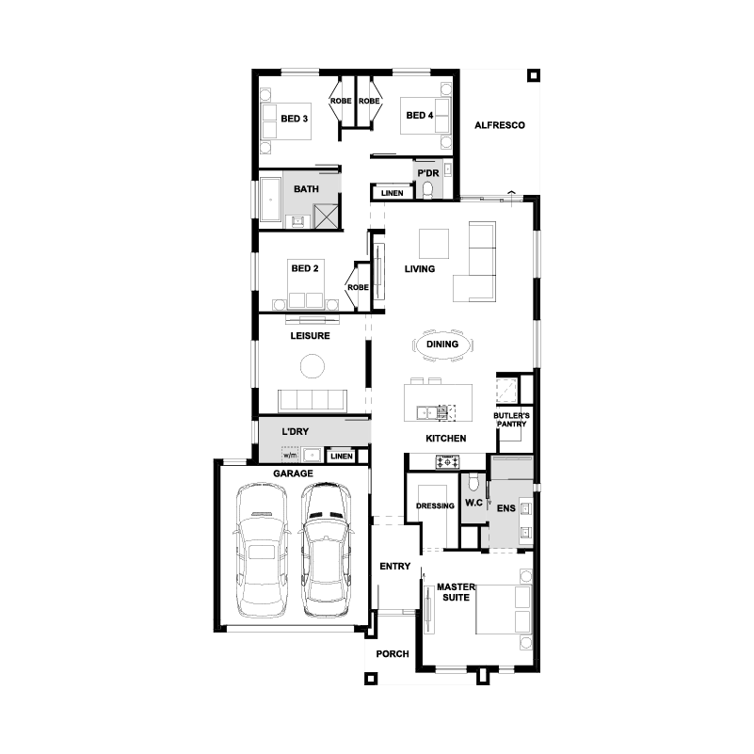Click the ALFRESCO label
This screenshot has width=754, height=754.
click(500, 125)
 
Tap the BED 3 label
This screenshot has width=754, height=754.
click(295, 119)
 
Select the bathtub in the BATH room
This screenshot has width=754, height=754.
click(270, 200)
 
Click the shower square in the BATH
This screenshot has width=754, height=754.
click(326, 216)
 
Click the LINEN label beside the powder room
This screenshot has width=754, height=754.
click(392, 193)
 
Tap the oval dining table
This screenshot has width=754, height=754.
click(442, 345)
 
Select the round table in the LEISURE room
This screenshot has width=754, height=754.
click(313, 366)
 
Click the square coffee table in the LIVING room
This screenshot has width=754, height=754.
click(434, 244)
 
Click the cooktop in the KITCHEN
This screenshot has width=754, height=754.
click(447, 462)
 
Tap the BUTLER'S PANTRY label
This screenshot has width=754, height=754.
click(512, 419)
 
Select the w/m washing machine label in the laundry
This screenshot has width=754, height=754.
click(290, 455)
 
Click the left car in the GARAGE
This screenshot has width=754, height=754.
click(261, 550)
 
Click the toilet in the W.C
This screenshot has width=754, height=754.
click(473, 482)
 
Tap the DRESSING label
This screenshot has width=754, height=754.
click(435, 505)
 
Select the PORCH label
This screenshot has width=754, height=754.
click(393, 654)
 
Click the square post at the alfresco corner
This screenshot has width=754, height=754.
click(534, 75)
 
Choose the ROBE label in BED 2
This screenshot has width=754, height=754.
click(358, 287)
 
